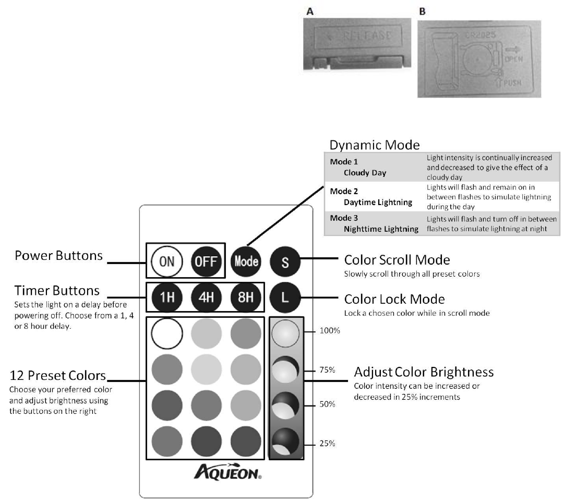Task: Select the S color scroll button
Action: (x=285, y=261)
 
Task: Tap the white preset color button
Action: (x=166, y=335)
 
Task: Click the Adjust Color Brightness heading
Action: (x=424, y=372)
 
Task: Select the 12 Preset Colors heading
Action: (x=57, y=376)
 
